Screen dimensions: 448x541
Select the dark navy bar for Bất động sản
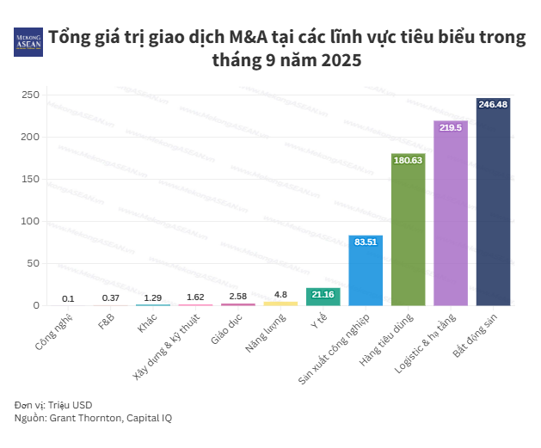click(493, 206)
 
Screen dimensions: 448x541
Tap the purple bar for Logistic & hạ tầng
click(451, 219)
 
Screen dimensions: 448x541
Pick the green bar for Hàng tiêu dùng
click(408, 232)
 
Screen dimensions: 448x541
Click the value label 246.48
click(493, 104)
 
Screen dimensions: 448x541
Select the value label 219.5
click(451, 127)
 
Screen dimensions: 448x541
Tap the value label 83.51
click(366, 242)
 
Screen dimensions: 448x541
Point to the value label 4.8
click(280, 295)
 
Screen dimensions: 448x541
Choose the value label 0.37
click(110, 298)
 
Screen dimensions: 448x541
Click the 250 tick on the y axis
click(31, 95)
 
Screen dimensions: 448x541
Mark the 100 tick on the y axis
click(31, 221)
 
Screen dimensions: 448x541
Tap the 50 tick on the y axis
click(34, 263)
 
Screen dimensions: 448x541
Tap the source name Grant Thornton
click(89, 418)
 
